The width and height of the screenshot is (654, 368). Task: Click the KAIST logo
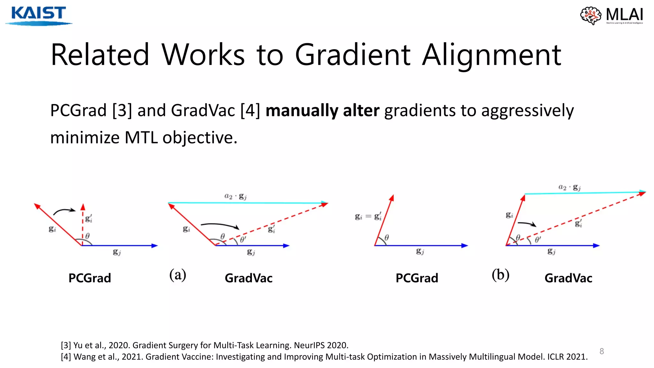tap(38, 15)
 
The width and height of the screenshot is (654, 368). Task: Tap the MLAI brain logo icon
tap(591, 15)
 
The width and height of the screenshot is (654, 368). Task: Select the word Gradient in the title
tap(353, 55)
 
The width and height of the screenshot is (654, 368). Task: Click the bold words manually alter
tap(322, 111)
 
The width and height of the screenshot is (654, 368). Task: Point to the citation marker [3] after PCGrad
tap(122, 111)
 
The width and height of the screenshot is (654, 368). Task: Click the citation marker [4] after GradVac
tap(250, 111)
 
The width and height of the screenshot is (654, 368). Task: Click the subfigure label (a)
tap(178, 275)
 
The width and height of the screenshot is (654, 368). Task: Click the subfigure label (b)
tap(500, 275)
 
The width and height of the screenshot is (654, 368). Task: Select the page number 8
tap(602, 351)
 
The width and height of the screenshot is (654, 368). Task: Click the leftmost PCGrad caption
tap(90, 278)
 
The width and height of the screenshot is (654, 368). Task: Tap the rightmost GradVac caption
tap(568, 278)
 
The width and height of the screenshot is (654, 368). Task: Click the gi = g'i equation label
tap(368, 217)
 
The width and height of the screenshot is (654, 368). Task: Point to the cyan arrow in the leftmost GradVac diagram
tap(247, 203)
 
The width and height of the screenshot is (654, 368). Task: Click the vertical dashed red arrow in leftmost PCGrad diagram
tap(83, 224)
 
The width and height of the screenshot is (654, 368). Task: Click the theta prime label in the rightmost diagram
tap(538, 240)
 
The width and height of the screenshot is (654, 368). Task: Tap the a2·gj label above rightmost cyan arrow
tap(569, 187)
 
